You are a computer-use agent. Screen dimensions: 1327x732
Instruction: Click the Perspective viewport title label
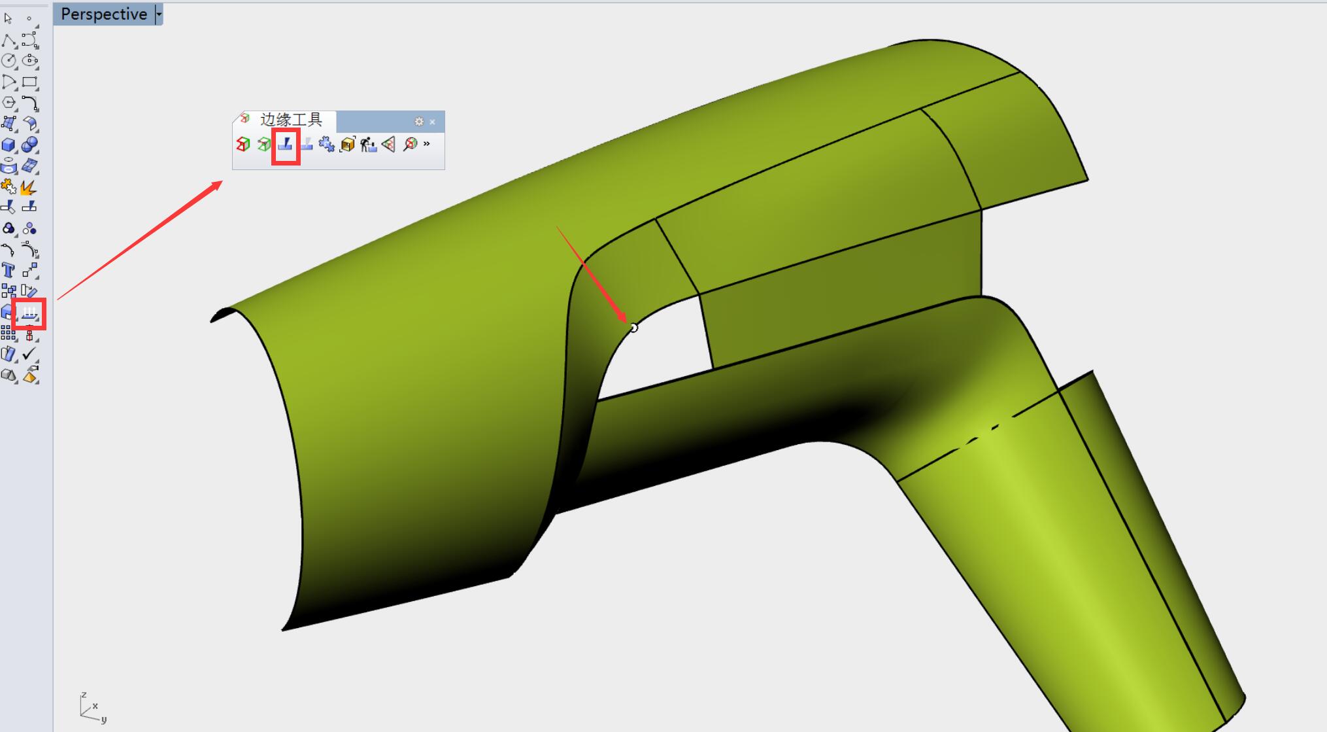tap(104, 14)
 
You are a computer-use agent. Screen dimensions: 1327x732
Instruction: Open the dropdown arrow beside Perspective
tap(158, 14)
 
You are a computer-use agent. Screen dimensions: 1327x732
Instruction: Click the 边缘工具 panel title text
tap(291, 120)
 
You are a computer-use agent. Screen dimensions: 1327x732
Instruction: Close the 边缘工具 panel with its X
tap(432, 122)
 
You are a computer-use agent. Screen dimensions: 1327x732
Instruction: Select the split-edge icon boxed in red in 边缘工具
tap(285, 144)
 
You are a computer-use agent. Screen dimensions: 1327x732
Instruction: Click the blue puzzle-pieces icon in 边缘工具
tap(326, 144)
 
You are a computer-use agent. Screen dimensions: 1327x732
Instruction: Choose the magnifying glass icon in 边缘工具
tap(410, 144)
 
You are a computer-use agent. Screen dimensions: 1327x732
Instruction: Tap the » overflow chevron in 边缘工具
tap(427, 143)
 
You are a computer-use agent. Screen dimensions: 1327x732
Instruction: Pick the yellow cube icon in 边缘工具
tap(347, 144)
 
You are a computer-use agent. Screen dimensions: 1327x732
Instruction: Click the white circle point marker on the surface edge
tap(633, 328)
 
